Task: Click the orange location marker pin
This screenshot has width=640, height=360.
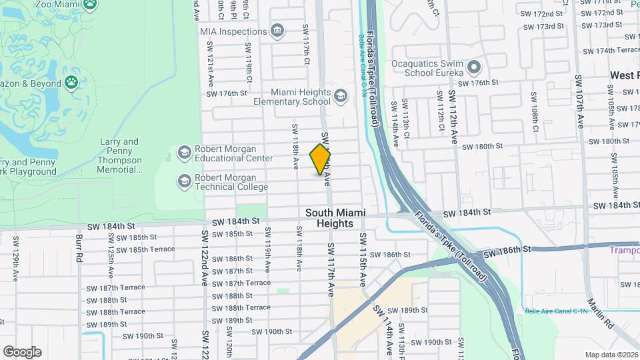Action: click(320, 160)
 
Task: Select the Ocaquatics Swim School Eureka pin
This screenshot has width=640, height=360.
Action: click(474, 67)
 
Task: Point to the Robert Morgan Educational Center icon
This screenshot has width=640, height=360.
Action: click(184, 153)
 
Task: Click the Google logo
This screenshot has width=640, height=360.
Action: click(22, 352)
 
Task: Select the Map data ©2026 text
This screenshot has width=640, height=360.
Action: click(611, 355)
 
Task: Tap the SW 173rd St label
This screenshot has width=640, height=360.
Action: click(539, 26)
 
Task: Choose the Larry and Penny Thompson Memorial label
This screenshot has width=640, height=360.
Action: click(120, 156)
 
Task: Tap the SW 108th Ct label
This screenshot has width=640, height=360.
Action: click(535, 117)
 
